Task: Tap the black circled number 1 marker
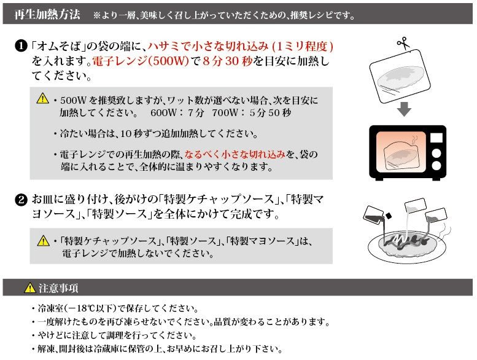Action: click(20, 47)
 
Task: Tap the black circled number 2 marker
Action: click(20, 200)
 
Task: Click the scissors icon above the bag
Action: click(403, 44)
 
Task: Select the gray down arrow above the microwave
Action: click(403, 109)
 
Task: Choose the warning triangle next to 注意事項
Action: click(29, 288)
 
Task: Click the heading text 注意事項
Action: click(58, 288)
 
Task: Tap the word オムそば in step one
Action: click(61, 47)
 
